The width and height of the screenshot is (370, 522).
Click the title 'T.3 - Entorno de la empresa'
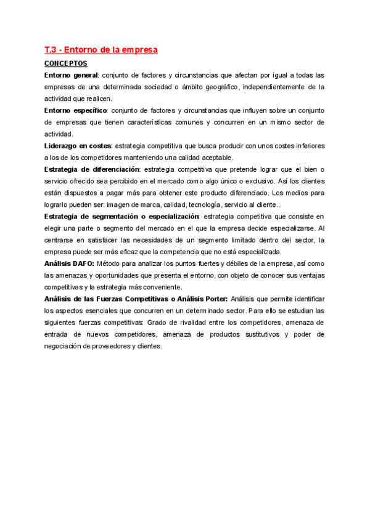101,49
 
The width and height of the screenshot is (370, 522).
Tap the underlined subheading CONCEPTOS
66,63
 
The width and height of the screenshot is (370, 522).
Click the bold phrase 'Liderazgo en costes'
78,146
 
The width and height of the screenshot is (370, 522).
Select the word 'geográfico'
216,87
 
